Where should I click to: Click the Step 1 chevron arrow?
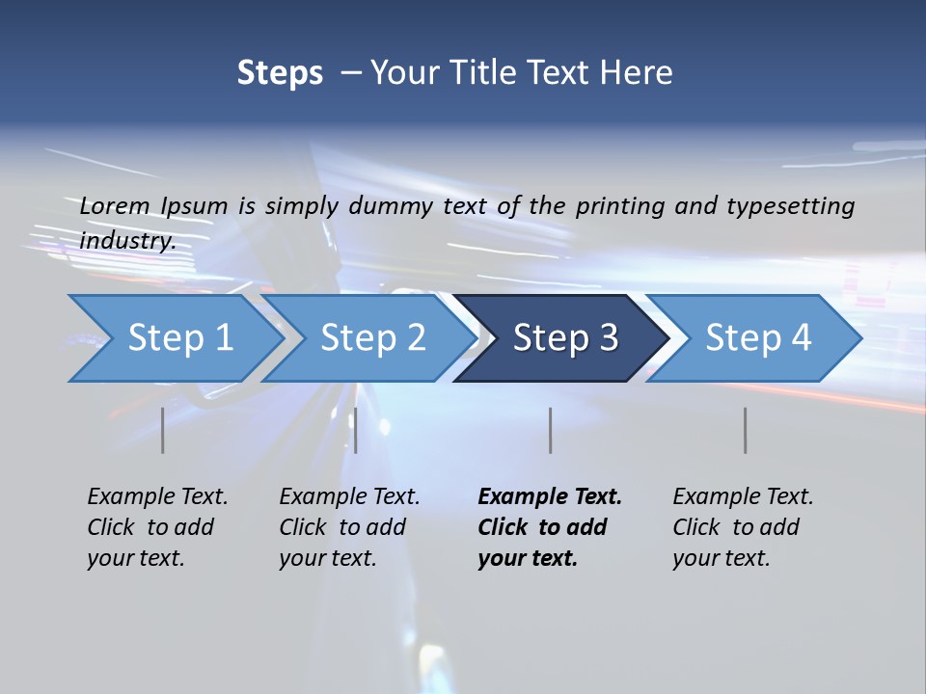pyautogui.click(x=179, y=338)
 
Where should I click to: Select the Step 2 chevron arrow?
pyautogui.click(x=372, y=338)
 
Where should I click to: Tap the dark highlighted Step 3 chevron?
pyautogui.click(x=565, y=338)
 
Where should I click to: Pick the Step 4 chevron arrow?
pyautogui.click(x=758, y=338)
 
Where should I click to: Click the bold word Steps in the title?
pyautogui.click(x=280, y=73)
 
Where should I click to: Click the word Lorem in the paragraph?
pyautogui.click(x=115, y=205)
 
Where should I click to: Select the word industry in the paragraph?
pyautogui.click(x=127, y=241)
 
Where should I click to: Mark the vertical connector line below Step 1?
pyautogui.click(x=163, y=430)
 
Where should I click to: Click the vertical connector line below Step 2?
pyautogui.click(x=356, y=430)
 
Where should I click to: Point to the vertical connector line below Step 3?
pyautogui.click(x=551, y=430)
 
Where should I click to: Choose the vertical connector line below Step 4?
pyautogui.click(x=746, y=430)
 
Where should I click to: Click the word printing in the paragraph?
pyautogui.click(x=623, y=205)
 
